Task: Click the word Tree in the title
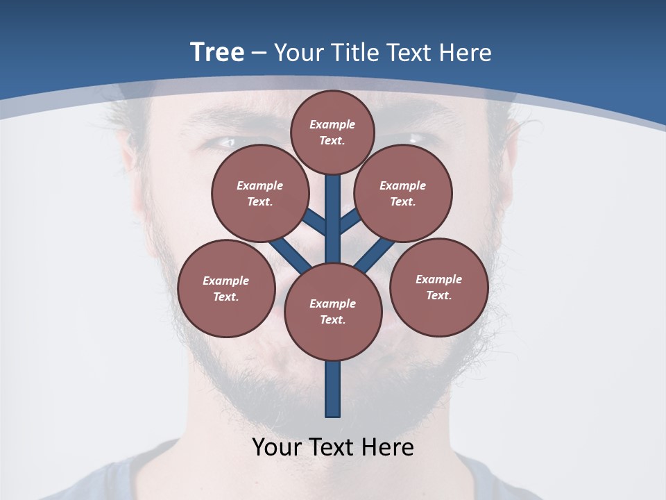pyautogui.click(x=217, y=52)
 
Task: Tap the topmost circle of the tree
pyautogui.click(x=332, y=132)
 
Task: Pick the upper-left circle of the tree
pyautogui.click(x=259, y=193)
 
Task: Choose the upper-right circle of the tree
pyautogui.click(x=402, y=193)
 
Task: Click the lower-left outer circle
pyautogui.click(x=225, y=288)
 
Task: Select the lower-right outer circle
pyautogui.click(x=438, y=287)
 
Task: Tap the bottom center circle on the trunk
pyautogui.click(x=332, y=311)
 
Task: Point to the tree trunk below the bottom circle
pyautogui.click(x=332, y=389)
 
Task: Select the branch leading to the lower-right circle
pyautogui.click(x=375, y=256)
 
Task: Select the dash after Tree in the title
pyautogui.click(x=259, y=53)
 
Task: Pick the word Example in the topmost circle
pyautogui.click(x=332, y=124)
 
